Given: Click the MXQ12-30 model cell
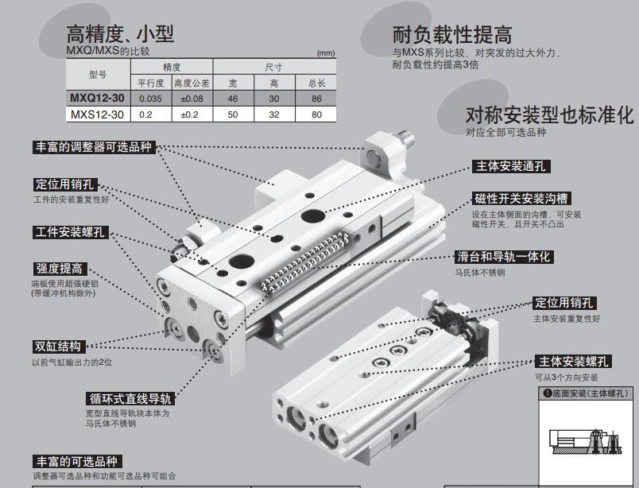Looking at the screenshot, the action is tap(98, 99).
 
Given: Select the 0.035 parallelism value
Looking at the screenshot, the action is tap(150, 99).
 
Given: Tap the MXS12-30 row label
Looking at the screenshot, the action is tap(98, 114).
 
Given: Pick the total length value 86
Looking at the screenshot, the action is tap(316, 99).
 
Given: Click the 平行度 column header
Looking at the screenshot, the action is tap(151, 83).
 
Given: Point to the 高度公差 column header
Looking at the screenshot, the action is tap(192, 83).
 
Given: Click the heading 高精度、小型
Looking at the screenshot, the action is tap(120, 34).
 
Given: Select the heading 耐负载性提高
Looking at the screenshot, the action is tap(452, 35).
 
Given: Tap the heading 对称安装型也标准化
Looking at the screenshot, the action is tap(550, 115).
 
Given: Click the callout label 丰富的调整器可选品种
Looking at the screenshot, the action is tap(94, 147).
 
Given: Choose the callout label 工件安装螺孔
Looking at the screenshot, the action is tap(71, 232).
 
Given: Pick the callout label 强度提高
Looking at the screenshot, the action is tap(60, 269).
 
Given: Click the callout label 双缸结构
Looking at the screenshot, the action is tap(58, 347).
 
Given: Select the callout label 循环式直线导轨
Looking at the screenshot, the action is tap(131, 398).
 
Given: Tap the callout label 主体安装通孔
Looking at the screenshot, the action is tap(511, 166).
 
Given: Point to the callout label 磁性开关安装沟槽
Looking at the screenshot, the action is tap(521, 199).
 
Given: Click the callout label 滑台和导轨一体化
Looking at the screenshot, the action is tap(504, 257).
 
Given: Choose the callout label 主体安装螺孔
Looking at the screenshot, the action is tap(573, 362).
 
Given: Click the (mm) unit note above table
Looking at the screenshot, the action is tap(326, 53).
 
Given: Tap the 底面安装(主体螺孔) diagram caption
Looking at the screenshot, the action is tap(586, 393).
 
